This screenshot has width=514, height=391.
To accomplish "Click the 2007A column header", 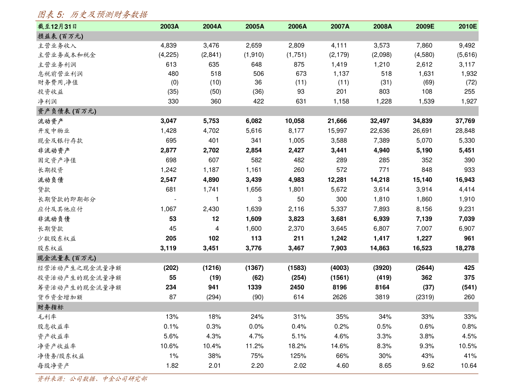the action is coord(340,27).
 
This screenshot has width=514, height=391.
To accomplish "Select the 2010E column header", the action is coord(467,27).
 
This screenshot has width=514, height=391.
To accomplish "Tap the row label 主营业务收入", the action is coord(57,46).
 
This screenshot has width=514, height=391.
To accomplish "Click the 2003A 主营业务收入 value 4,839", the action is coord(168,46).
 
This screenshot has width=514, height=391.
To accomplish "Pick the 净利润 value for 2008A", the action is coord(384,101).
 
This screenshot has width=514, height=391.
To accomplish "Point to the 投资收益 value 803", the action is coord(384,92).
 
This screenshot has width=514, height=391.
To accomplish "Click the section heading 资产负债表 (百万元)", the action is coord(67,111).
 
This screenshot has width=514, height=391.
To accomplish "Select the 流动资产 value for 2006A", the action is coord(294,121).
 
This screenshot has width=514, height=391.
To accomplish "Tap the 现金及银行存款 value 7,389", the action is coord(382,141).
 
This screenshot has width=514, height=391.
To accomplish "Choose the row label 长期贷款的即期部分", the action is coord(66,199).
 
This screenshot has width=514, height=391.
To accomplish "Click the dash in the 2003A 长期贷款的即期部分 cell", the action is coord(175,200).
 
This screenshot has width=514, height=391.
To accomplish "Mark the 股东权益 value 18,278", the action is coord(465,248).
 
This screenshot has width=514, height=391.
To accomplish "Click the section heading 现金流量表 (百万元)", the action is coord(67,258).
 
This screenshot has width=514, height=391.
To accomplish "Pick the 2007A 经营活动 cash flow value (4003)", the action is coord(340,268).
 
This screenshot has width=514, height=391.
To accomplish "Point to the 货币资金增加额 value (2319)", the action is coord(425,297).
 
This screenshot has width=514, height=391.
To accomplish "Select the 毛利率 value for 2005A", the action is coord(257,317).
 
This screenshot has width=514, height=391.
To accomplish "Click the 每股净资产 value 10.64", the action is coord(469,366).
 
